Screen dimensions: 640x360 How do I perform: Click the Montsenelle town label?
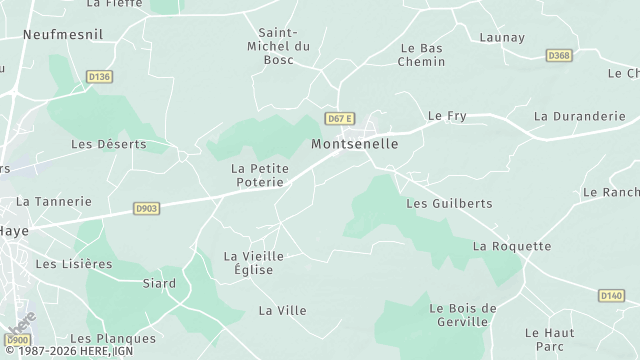point(355,144)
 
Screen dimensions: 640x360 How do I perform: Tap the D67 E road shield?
point(338,119)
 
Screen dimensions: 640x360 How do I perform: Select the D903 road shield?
point(146,209)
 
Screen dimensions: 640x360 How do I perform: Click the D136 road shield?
point(99,76)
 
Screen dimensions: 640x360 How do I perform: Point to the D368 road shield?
point(559,55)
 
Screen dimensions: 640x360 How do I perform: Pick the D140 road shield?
point(611,295)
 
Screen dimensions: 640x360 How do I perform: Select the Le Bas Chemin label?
point(421,55)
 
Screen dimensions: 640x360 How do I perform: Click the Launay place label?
point(502,38)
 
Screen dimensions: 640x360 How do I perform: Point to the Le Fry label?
point(447,116)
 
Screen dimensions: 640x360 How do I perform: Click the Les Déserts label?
point(109,144)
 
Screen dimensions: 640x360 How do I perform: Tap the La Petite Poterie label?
point(260,175)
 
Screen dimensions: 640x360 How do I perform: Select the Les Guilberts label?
point(449,203)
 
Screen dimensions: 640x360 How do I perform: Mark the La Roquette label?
point(512,246)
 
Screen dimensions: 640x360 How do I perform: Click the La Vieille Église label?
point(254,263)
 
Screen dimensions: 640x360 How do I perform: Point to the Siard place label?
point(158,284)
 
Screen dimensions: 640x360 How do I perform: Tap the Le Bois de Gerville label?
point(462,315)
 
